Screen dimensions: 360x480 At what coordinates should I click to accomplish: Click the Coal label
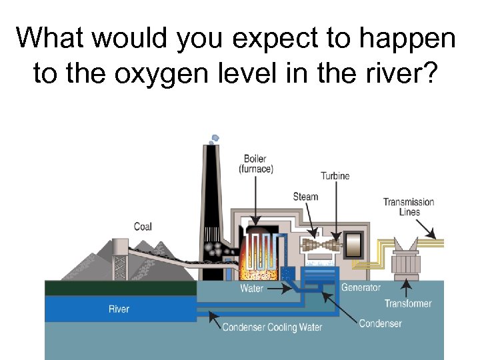(143, 227)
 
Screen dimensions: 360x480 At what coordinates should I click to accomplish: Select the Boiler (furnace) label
(255, 164)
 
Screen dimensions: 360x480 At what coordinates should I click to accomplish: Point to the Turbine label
(335, 176)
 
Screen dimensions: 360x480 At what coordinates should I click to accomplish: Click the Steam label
(305, 197)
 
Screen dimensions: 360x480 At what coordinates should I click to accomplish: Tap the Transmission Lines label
(409, 207)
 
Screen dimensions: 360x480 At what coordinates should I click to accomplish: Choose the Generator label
(361, 287)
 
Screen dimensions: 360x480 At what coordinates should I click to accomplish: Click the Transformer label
(408, 303)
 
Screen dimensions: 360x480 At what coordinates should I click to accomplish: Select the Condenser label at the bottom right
(380, 323)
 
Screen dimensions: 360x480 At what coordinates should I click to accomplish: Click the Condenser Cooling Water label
(272, 327)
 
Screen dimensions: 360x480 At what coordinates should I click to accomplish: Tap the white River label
(119, 309)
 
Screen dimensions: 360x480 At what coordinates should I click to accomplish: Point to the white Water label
(251, 289)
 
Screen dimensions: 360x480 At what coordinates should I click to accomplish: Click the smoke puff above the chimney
(213, 138)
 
